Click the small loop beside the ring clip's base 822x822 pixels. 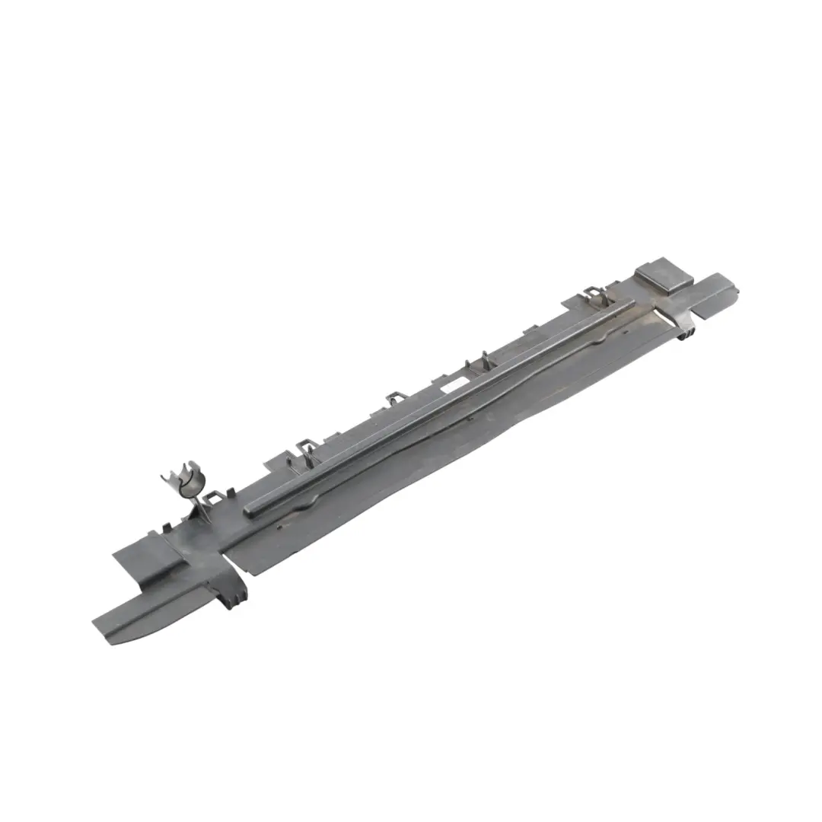[x=215, y=499]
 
